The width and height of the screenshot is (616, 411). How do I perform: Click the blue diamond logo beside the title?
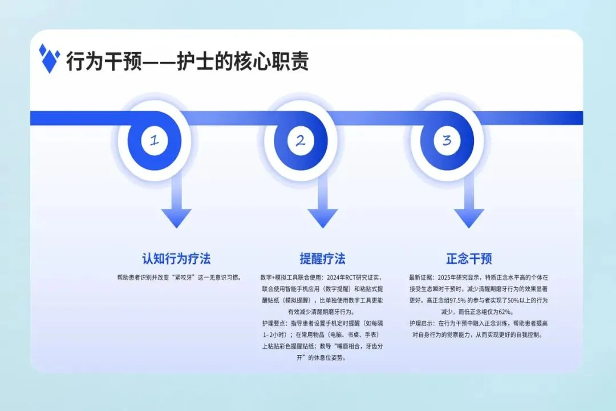coord(50,58)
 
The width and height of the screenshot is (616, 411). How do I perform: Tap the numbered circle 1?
coord(154,140)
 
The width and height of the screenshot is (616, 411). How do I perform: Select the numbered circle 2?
coord(301,140)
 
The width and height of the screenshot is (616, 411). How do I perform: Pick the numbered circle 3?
coord(447,140)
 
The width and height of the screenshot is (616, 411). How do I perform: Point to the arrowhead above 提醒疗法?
coord(323,218)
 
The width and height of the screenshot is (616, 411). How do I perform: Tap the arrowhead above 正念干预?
coord(469,218)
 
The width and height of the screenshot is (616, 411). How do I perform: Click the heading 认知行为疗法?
coord(176,259)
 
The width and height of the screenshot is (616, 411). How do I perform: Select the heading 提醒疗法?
coord(323,259)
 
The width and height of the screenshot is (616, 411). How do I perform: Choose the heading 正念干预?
coord(469,259)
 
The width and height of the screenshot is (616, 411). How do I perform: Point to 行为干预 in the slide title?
coord(103,61)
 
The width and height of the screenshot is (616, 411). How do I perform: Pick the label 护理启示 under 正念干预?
coord(421,323)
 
